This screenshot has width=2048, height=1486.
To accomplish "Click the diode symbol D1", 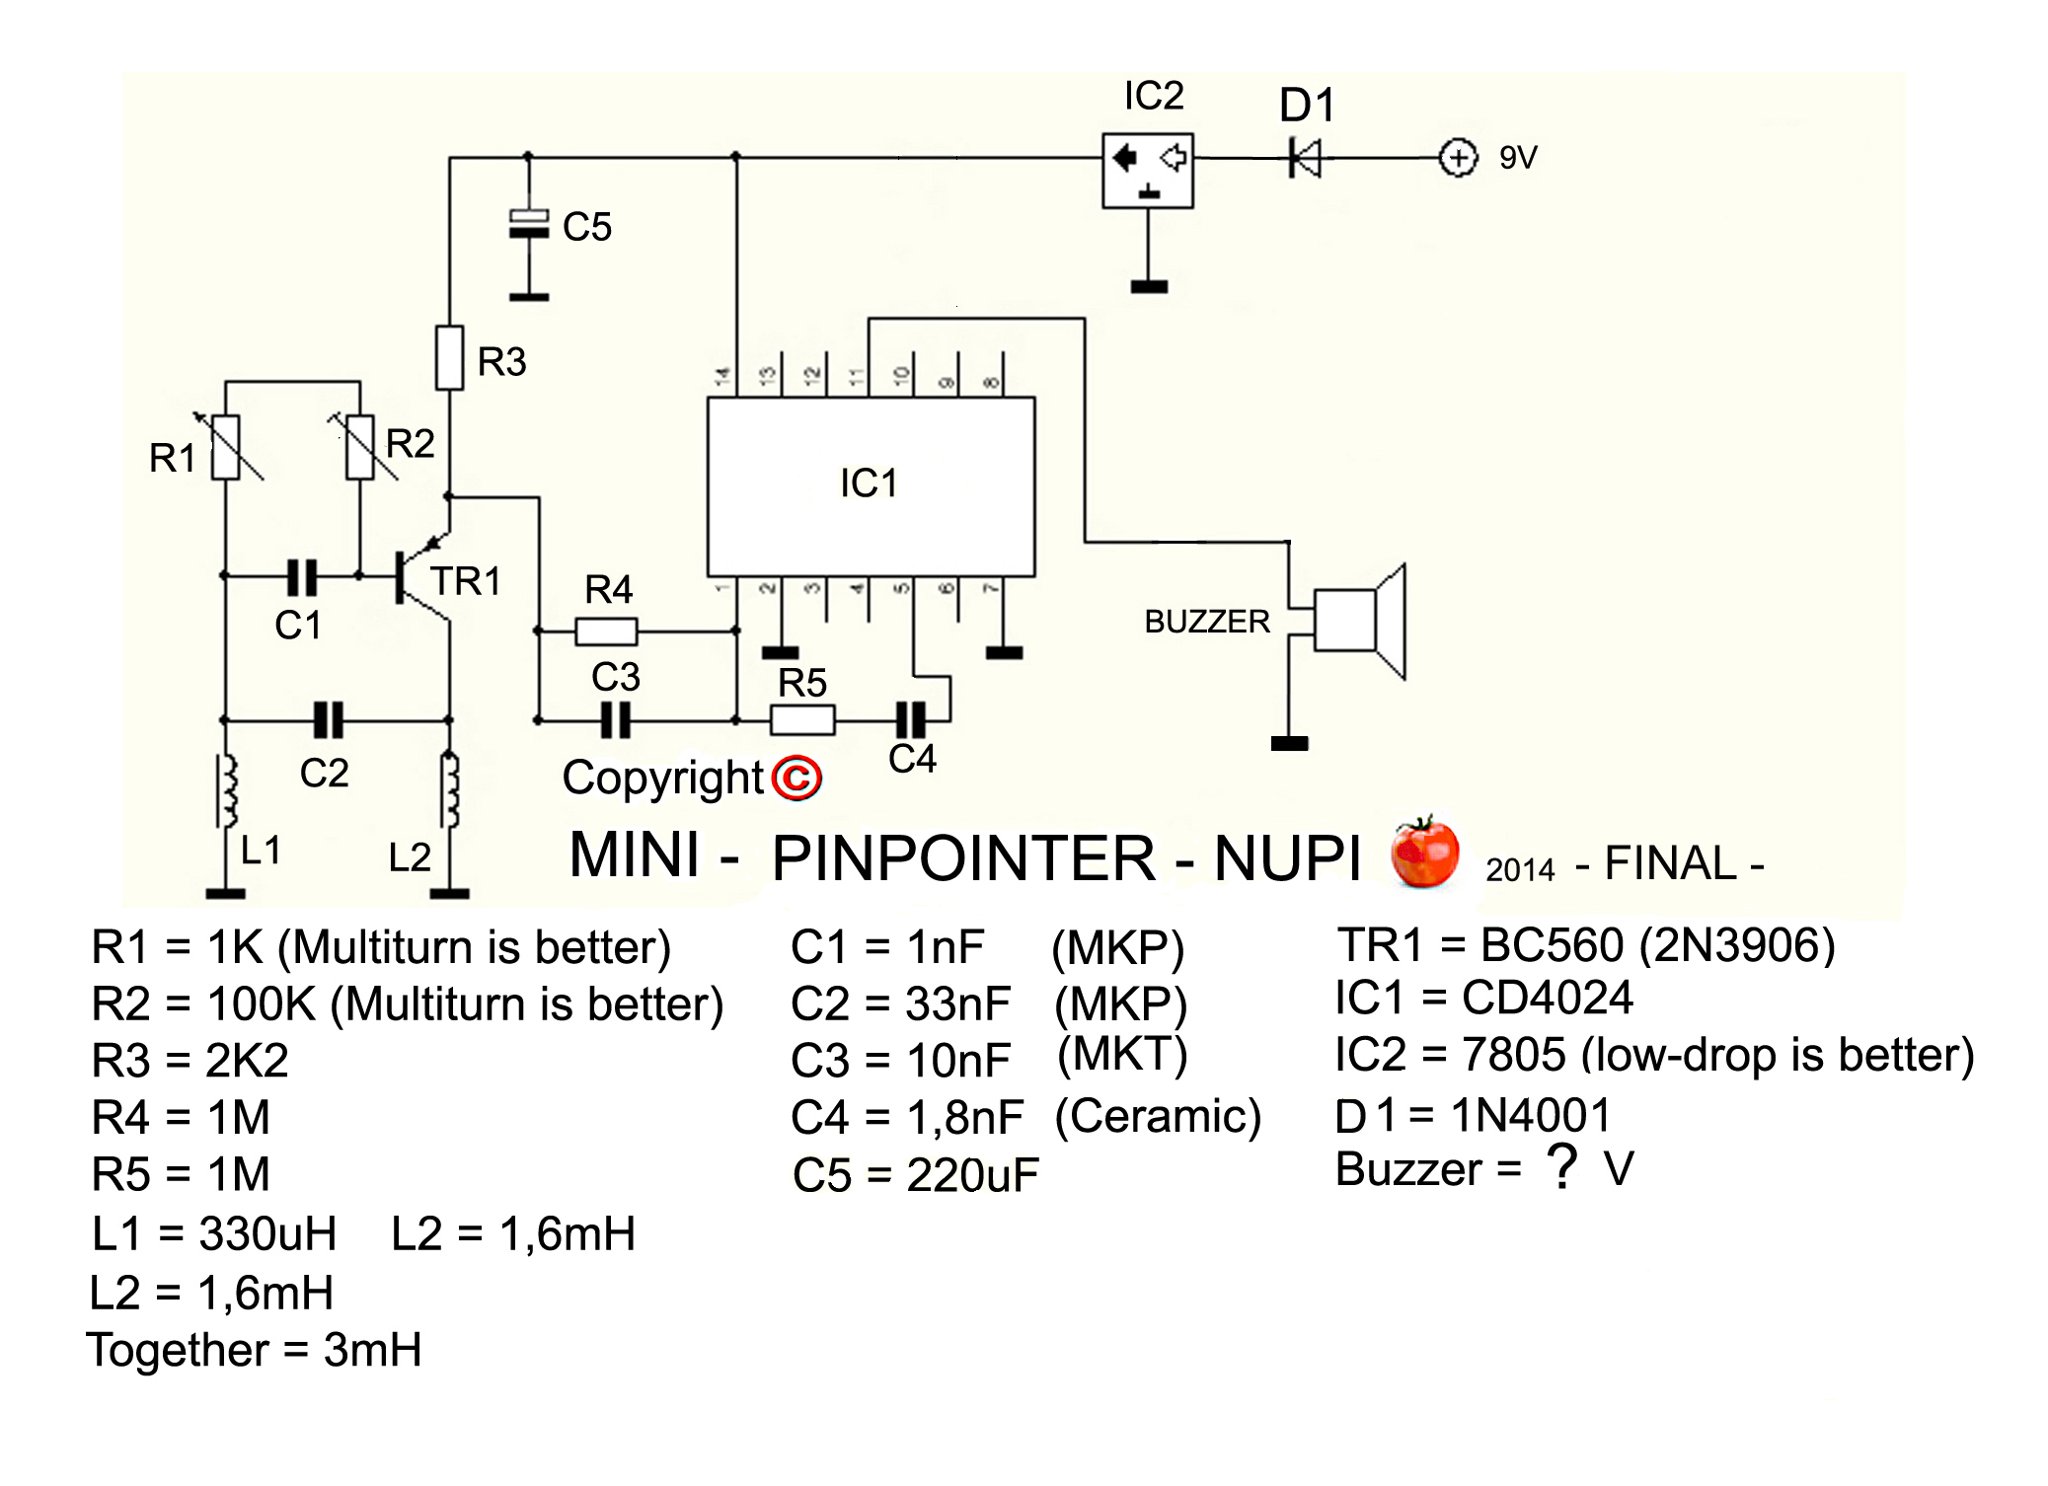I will pos(1305,158).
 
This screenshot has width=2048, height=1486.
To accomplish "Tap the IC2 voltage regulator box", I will pos(1147,170).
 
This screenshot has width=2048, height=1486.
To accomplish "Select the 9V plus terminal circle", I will pos(1458,158).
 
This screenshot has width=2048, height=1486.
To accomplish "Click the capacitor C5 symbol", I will pos(529,225).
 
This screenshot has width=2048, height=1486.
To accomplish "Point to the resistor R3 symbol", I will pos(450,357).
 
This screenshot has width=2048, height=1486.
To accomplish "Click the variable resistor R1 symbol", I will pos(227,448).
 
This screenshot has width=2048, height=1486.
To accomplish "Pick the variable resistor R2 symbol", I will pos(360,448).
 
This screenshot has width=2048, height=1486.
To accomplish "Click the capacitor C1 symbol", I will pos(302,576).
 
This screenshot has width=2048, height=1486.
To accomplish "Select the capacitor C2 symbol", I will pos(328,720).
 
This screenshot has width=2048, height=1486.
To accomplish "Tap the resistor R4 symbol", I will pos(606,631).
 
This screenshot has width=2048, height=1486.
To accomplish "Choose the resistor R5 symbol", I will pos(802,720).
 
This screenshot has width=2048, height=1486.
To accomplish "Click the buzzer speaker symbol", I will pos(1358,622).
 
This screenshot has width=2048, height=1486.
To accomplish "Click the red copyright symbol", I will pos(796,779).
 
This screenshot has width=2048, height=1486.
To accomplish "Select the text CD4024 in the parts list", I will pos(1548,998).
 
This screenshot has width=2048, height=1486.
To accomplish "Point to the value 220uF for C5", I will pos(972,1175).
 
